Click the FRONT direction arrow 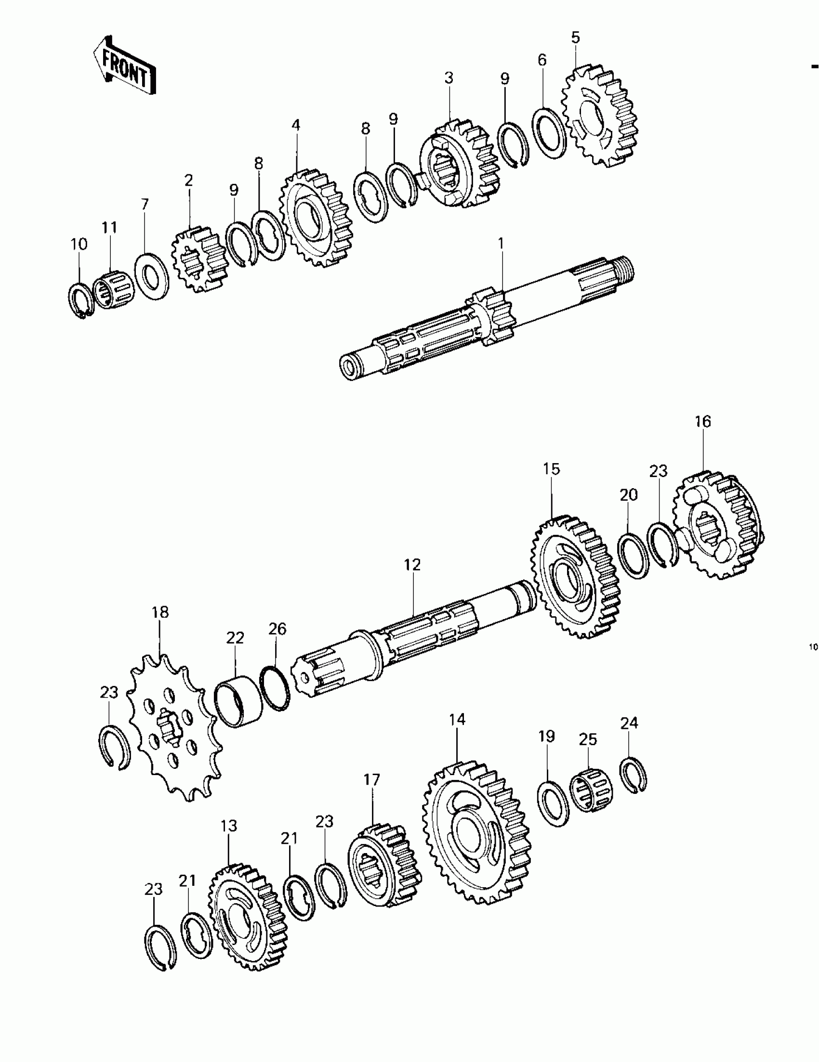click(125, 65)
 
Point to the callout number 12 click(412, 565)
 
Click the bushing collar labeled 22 click(238, 703)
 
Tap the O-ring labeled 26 click(275, 688)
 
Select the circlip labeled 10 click(79, 301)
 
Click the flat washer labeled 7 click(152, 276)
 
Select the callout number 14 click(457, 719)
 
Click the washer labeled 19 click(553, 803)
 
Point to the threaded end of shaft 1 click(623, 269)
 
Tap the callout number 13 click(229, 826)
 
